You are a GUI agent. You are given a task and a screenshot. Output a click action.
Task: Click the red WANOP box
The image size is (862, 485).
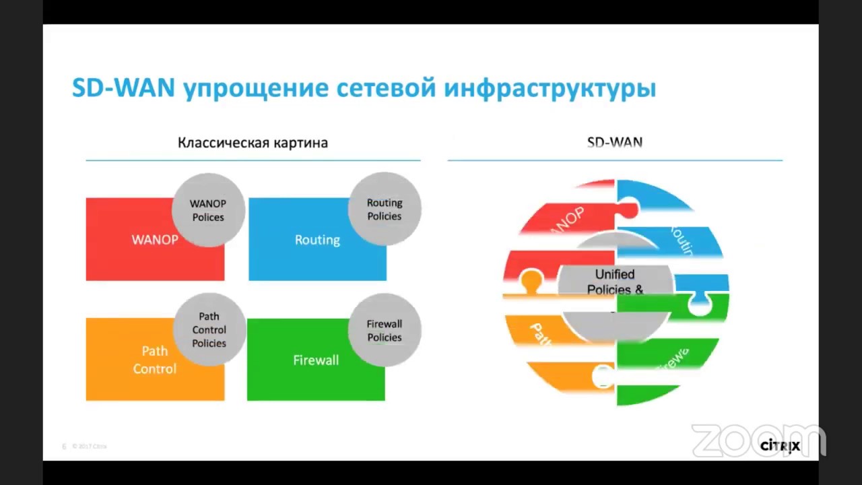(135, 249)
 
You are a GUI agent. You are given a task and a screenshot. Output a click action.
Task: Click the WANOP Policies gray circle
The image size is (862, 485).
(208, 210)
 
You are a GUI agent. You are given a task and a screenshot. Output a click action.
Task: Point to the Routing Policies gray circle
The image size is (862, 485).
(385, 209)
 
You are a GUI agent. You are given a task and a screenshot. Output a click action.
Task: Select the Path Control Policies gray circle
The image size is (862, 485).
(209, 330)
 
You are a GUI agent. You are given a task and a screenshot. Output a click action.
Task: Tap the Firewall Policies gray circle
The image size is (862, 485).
(385, 330)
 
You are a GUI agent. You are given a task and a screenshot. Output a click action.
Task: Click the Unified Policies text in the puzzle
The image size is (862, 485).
(615, 282)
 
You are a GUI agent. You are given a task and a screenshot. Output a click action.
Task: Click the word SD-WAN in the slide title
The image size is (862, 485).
(123, 88)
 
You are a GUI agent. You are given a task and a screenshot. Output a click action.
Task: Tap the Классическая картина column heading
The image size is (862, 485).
(253, 143)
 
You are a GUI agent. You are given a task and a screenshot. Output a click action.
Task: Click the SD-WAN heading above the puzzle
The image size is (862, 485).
(615, 143)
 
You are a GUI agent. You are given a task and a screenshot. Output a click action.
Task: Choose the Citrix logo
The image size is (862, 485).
(780, 446)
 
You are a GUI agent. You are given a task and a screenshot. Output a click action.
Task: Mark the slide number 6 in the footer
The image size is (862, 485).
(64, 447)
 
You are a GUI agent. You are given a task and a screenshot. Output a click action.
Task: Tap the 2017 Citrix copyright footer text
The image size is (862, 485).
(90, 447)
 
